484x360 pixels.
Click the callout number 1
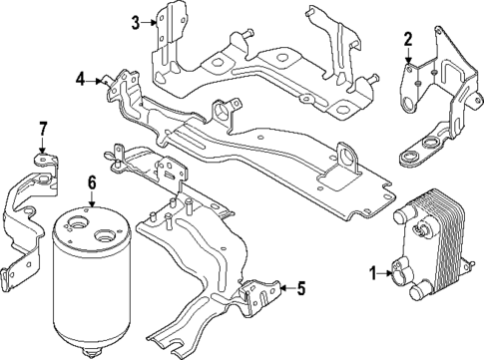tap(373, 272)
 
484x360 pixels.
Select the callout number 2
tap(407, 40)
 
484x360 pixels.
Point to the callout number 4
tap(80, 77)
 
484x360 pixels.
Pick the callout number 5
tap(300, 290)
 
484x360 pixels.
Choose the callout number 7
tap(42, 128)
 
